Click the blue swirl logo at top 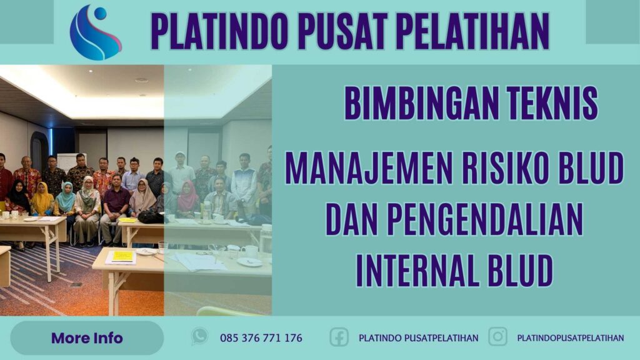coord(95,32)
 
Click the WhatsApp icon coord(199,337)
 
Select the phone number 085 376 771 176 coord(261,338)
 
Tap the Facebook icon coord(339,337)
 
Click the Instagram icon coord(497,337)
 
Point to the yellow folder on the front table coord(122,256)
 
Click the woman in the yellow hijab coord(42,199)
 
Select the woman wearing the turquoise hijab coord(65,199)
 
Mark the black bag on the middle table coord(150,216)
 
